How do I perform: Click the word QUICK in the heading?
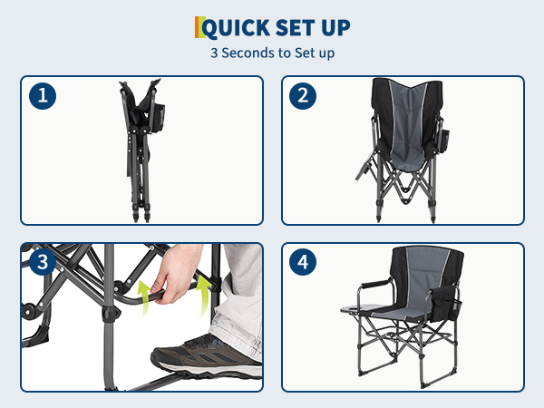236,28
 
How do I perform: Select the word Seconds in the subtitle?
248,53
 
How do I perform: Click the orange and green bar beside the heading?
199,27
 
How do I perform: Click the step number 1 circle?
43,95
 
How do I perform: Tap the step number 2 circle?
303,95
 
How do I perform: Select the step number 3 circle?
43,262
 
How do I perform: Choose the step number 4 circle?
303,262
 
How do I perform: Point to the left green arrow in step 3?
145,298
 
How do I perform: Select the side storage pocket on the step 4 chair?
443,303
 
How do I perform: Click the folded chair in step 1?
141,150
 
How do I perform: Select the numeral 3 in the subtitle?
214,53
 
